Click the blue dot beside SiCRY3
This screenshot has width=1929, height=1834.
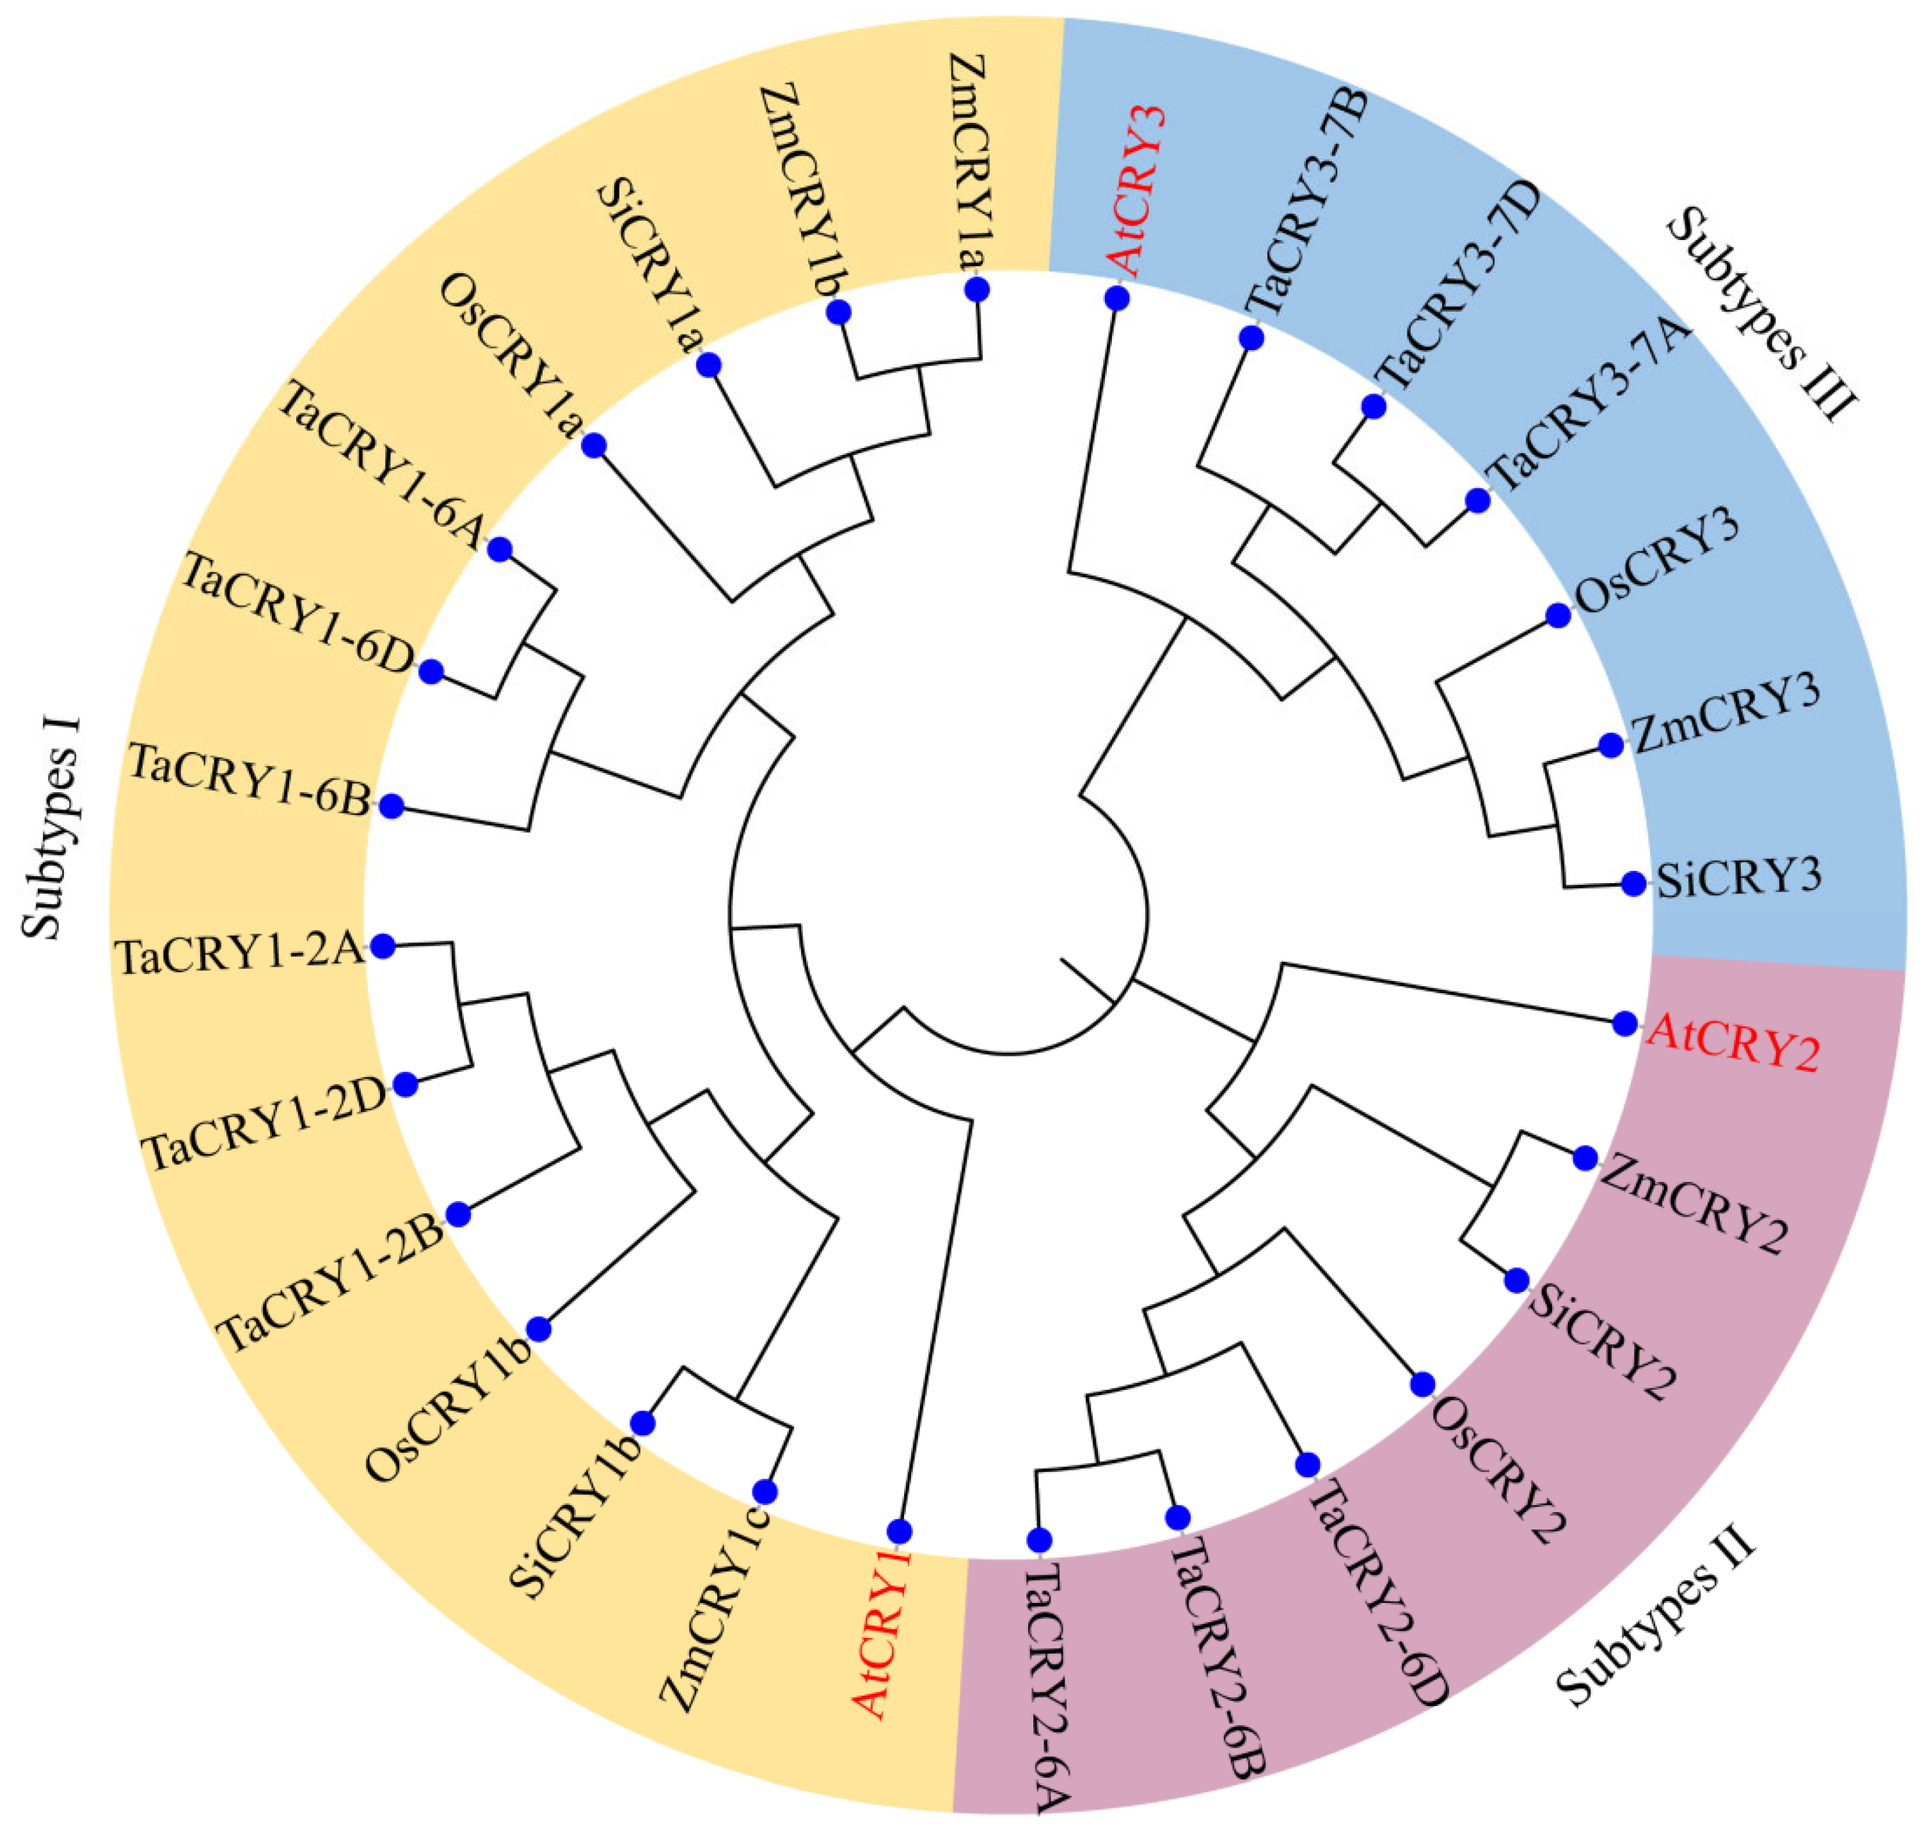[1633, 883]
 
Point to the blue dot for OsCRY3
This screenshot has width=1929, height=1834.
[1558, 615]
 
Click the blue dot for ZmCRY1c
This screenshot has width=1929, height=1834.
[765, 1492]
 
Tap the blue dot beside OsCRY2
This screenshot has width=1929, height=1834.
[1423, 1384]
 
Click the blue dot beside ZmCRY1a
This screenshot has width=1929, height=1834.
[976, 289]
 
